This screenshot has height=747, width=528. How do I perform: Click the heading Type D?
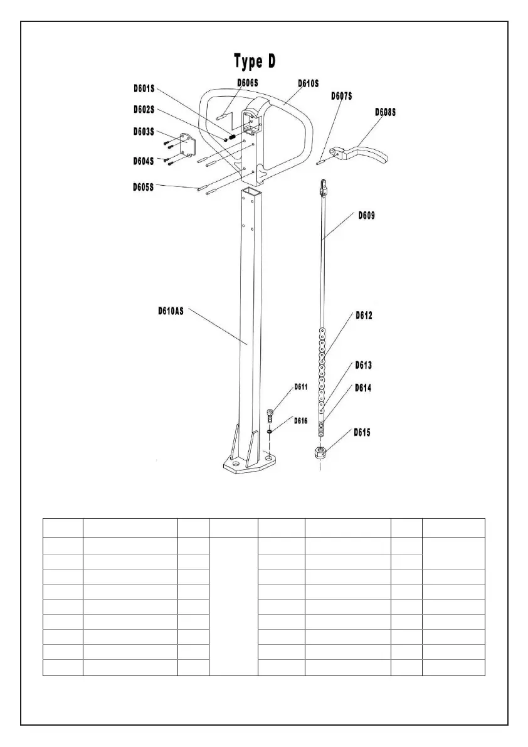[x=255, y=61]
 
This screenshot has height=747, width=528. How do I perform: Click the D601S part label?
[x=144, y=88]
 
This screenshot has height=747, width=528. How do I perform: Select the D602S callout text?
[x=144, y=109]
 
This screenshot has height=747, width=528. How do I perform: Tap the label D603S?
[x=144, y=131]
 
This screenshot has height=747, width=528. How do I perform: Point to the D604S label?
[x=144, y=161]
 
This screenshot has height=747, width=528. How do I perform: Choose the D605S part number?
[x=144, y=187]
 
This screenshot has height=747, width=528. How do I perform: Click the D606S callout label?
[x=248, y=82]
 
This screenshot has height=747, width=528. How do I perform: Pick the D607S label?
[x=342, y=96]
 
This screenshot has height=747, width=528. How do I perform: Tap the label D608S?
[x=386, y=112]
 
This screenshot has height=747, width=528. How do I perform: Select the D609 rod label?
[x=367, y=215]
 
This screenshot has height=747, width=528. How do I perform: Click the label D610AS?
[x=171, y=310]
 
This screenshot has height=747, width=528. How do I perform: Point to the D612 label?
[x=364, y=315]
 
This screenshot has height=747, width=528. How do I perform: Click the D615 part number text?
[x=362, y=432]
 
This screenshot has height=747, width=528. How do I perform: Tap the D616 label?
[x=301, y=421]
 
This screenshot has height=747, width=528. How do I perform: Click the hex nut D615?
[x=320, y=452]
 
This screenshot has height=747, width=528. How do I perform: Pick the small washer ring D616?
[x=269, y=432]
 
